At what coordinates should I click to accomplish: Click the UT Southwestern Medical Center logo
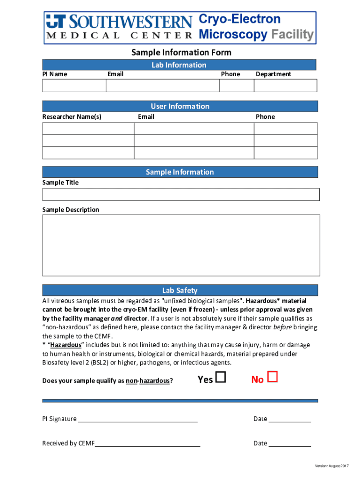click(119, 28)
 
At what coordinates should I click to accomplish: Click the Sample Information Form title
click(181, 52)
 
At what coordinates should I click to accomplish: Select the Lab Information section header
click(179, 65)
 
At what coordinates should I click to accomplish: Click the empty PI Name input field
click(74, 86)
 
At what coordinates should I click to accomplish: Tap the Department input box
click(285, 86)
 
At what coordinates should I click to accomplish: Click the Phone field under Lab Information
click(237, 86)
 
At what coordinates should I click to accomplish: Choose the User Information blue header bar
click(180, 106)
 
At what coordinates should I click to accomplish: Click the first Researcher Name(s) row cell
click(88, 129)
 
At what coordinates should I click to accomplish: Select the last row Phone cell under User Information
click(286, 153)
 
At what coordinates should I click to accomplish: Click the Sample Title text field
click(181, 195)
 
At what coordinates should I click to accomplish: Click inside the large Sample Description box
click(181, 245)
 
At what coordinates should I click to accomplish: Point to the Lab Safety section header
click(180, 290)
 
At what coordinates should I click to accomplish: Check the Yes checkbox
click(221, 377)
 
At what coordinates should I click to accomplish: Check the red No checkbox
click(273, 377)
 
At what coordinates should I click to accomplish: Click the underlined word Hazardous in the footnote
click(65, 345)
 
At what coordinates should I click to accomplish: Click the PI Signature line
click(137, 419)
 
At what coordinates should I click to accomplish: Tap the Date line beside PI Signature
click(289, 419)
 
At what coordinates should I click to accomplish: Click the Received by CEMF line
click(147, 443)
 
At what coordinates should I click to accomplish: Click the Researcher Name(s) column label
click(72, 116)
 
